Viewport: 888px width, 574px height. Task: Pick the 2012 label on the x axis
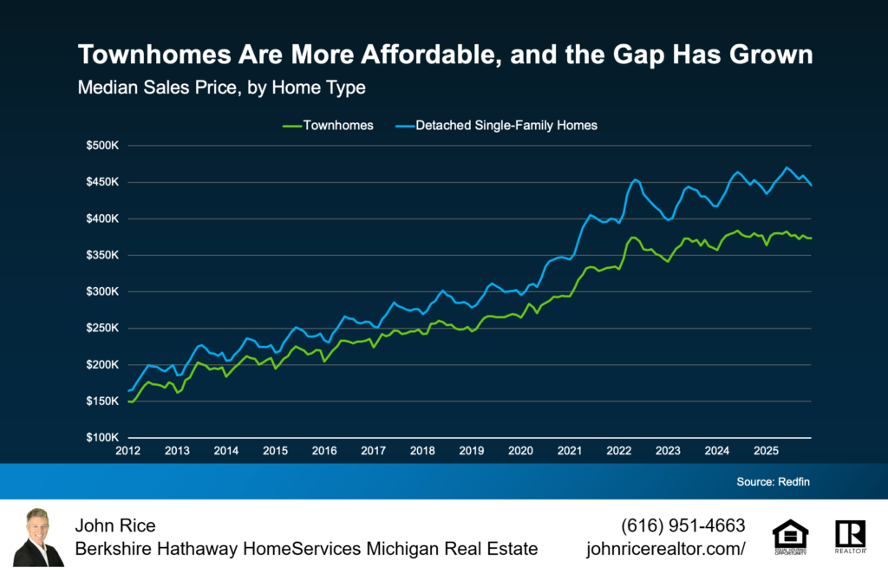tap(127, 452)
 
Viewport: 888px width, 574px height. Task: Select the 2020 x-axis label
tap(520, 452)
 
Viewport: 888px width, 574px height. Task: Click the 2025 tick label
tap(766, 452)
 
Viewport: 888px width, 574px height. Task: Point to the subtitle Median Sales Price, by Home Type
tap(222, 88)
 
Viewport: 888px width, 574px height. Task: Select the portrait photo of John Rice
tap(41, 537)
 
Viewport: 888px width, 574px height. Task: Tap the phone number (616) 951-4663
tap(683, 525)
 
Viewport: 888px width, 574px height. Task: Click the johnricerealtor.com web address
tap(666, 549)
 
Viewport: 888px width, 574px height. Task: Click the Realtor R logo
tap(850, 537)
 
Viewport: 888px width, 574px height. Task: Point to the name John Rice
tap(115, 525)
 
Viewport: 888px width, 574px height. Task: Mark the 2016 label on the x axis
tap(324, 452)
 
